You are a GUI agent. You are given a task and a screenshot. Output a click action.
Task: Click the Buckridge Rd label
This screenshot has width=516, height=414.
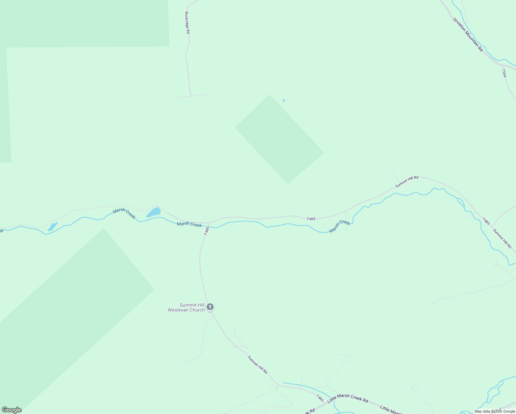coord(187,23)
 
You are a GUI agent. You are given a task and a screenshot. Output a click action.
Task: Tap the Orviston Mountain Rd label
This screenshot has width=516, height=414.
coord(468,34)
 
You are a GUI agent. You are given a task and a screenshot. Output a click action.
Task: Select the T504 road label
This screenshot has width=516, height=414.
coord(504,73)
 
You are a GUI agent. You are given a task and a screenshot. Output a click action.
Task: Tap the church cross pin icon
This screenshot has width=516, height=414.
coord(210,307)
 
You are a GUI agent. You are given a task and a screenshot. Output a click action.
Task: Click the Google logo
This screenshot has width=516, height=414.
coord(11,410)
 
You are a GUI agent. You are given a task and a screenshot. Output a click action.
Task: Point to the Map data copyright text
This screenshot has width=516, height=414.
coord(495,411)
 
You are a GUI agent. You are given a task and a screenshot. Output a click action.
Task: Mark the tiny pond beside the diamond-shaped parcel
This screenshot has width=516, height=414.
coord(284,100)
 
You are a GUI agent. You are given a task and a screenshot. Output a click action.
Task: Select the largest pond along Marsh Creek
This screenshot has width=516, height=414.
coord(154,212)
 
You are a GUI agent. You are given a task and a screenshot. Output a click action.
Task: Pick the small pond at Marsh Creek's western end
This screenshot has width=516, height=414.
coord(52,227)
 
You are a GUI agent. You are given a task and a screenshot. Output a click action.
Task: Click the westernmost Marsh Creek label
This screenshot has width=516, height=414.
coord(124,214)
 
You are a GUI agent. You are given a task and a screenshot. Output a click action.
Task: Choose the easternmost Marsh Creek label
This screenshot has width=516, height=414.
coord(339,226)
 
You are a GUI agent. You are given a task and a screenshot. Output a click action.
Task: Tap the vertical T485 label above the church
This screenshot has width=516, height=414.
coord(207,231)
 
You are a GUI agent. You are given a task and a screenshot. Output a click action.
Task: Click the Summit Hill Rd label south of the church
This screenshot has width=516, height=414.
coord(258,365)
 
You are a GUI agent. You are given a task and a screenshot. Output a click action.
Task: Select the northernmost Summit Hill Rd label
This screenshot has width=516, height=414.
coord(407,182)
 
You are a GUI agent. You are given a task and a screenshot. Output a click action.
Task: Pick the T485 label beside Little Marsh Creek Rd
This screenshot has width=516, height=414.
coord(320,398)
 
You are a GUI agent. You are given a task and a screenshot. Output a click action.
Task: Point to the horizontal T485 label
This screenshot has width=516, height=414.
coord(311,219)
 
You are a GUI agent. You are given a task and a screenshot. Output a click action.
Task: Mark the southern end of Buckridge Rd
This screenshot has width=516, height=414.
coord(191,96)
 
